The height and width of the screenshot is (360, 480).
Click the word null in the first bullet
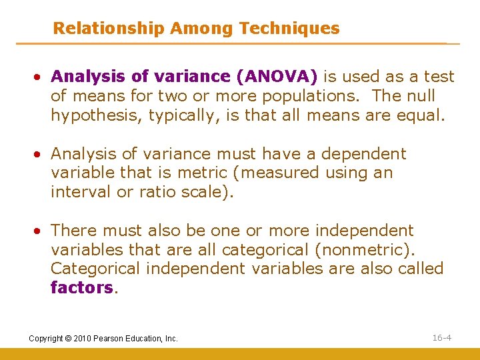click(x=419, y=97)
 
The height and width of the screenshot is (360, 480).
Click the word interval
click(x=77, y=193)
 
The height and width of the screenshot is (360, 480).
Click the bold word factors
click(x=81, y=288)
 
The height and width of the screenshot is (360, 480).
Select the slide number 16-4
click(x=441, y=338)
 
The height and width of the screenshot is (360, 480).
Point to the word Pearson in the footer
click(x=111, y=339)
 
